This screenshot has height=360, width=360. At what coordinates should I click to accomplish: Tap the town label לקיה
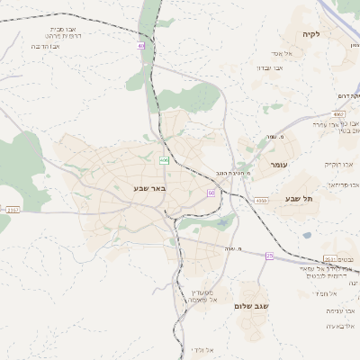click(x=312, y=34)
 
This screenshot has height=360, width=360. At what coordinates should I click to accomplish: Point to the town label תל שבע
click(x=294, y=197)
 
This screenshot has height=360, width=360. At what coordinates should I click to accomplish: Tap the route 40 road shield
click(x=141, y=45)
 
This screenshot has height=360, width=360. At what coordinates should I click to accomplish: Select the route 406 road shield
click(x=164, y=160)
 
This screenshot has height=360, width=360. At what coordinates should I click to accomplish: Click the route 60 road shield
click(x=211, y=193)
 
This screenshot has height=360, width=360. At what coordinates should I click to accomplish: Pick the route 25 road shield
click(x=269, y=256)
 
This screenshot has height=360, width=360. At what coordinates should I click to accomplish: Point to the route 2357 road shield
click(x=12, y=210)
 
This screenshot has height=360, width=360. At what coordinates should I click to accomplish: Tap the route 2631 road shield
click(x=330, y=258)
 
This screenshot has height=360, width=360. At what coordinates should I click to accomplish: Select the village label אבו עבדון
click(x=269, y=67)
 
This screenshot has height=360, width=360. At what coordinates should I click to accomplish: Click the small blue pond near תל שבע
click(x=308, y=235)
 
